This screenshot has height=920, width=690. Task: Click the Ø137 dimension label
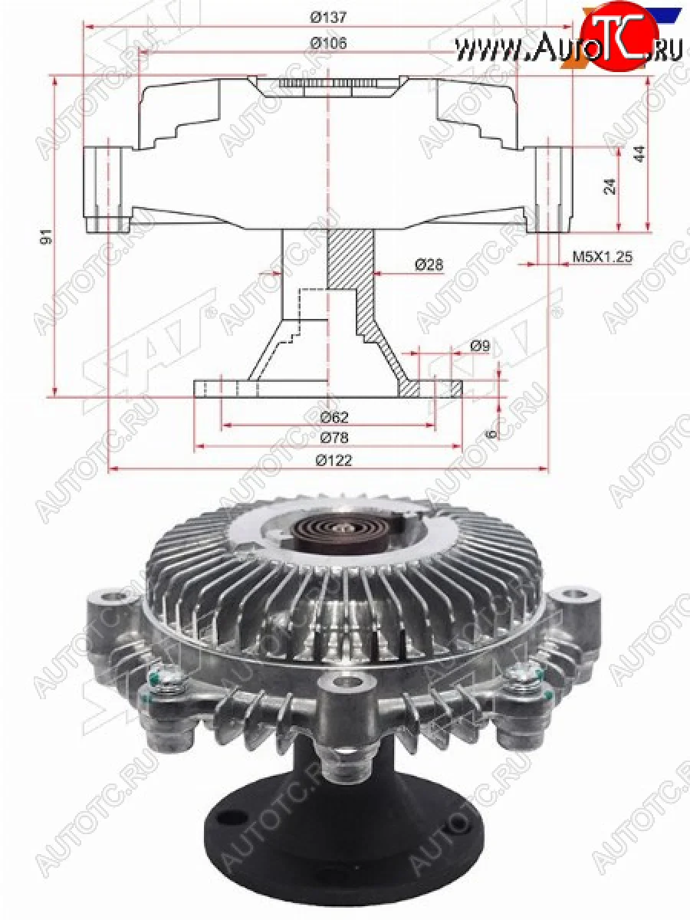[328, 16]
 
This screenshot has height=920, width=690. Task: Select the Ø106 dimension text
[328, 43]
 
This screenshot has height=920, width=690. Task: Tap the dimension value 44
[639, 153]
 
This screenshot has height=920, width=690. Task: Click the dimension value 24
[609, 186]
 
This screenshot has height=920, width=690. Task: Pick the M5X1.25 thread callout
[602, 257]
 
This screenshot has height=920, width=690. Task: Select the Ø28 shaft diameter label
[429, 264]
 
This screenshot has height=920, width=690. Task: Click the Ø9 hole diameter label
[479, 346]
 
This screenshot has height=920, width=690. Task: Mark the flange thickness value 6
[491, 433]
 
